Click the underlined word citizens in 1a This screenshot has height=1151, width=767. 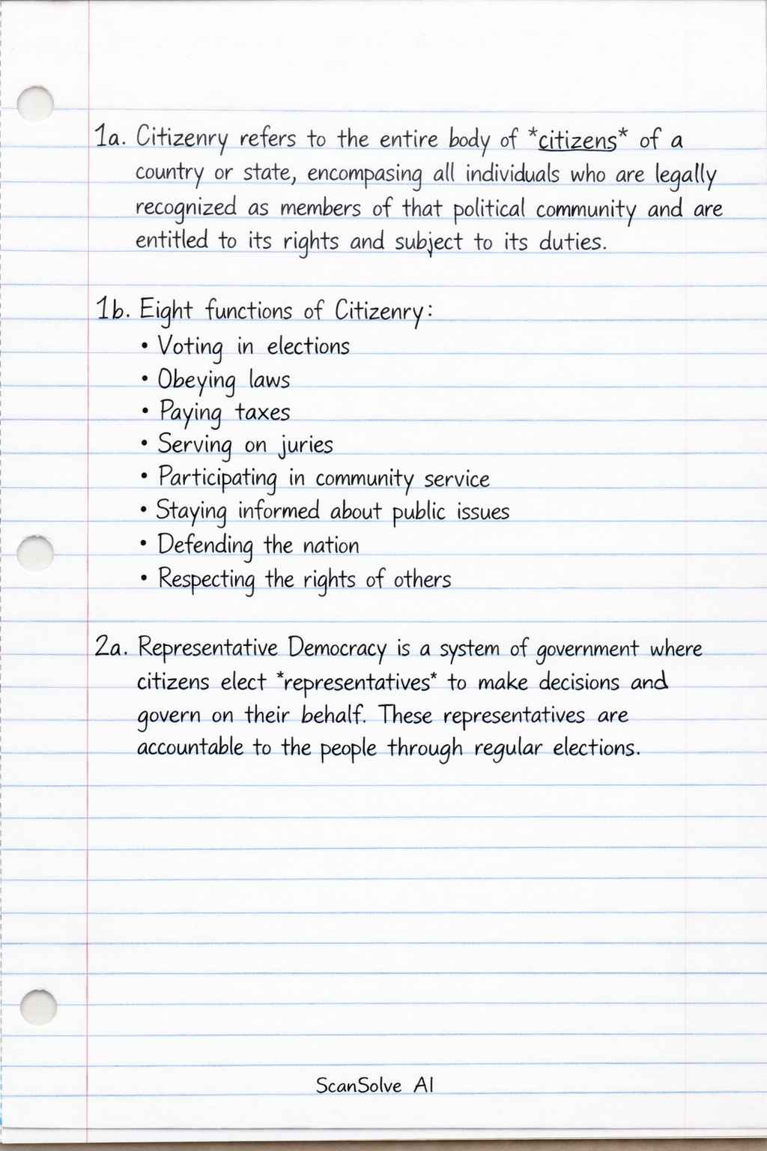[x=577, y=140]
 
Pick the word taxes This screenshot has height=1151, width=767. [x=262, y=412]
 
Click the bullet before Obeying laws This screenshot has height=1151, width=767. [x=144, y=380]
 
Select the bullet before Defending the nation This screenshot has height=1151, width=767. [x=144, y=546]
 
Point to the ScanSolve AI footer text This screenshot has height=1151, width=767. [x=375, y=1085]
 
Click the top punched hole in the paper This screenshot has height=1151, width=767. [x=34, y=103]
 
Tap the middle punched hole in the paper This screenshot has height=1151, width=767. [x=34, y=552]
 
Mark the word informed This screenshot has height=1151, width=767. [x=279, y=512]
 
